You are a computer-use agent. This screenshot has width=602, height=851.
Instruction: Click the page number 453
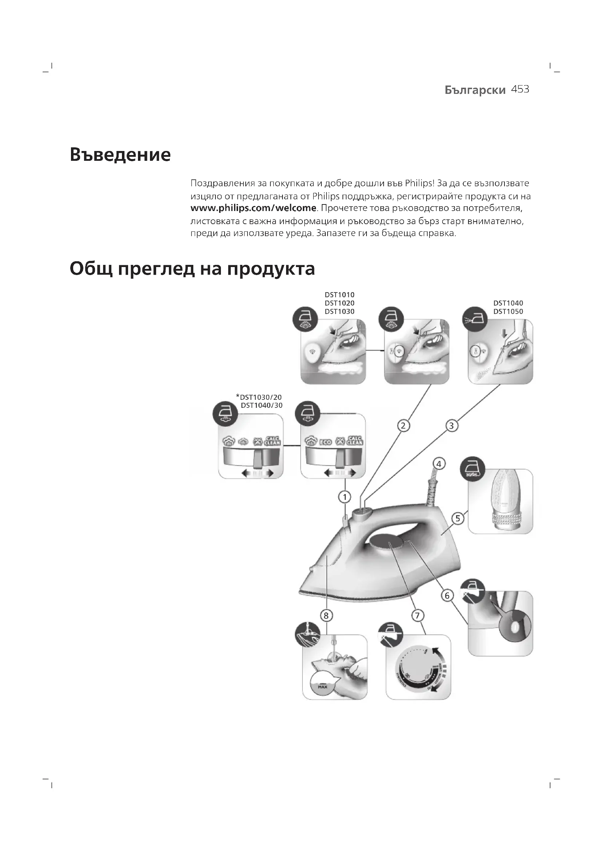(x=520, y=90)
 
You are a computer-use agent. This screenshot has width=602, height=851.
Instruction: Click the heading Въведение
(x=120, y=155)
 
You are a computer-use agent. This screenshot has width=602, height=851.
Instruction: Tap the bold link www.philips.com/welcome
(x=253, y=208)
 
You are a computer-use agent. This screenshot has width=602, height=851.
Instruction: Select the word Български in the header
(x=475, y=90)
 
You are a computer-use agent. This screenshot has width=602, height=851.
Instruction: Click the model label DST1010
(x=339, y=295)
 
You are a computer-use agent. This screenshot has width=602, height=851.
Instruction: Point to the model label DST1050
(x=508, y=311)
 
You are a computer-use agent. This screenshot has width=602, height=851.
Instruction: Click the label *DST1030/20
(x=259, y=397)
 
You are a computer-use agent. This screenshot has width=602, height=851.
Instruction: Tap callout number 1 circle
(x=345, y=497)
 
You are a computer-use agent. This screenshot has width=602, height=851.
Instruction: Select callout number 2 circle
(x=403, y=426)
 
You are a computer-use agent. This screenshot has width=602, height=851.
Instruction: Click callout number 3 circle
(x=451, y=426)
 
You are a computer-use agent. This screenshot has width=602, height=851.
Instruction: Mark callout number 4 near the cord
(x=439, y=464)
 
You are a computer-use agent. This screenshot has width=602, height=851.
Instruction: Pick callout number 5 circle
(x=458, y=518)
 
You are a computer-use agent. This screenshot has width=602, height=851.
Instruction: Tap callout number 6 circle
(x=447, y=595)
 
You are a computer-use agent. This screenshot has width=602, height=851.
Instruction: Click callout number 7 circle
(x=417, y=616)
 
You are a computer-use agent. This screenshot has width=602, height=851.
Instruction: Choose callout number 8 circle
(x=326, y=616)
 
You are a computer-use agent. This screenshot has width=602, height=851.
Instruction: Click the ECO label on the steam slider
(x=325, y=442)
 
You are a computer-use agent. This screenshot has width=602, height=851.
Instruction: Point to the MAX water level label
(x=322, y=687)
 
